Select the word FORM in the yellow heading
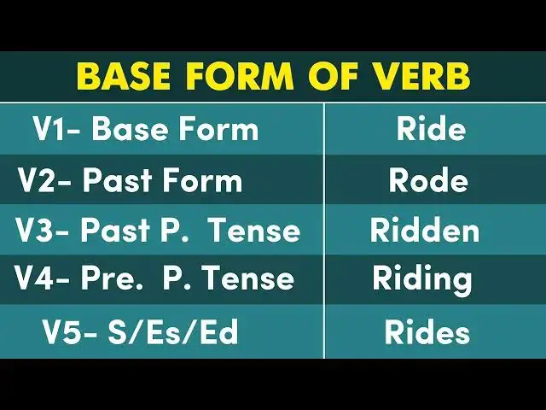coord(243,77)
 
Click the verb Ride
coord(431,130)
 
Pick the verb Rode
coord(428,180)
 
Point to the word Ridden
coord(424,231)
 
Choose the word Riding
coord(421,278)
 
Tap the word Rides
coord(427,332)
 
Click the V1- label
coord(57,130)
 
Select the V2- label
coord(45,180)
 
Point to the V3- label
coord(43,231)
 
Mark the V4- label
coord(43,278)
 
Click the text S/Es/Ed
coord(171,332)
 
